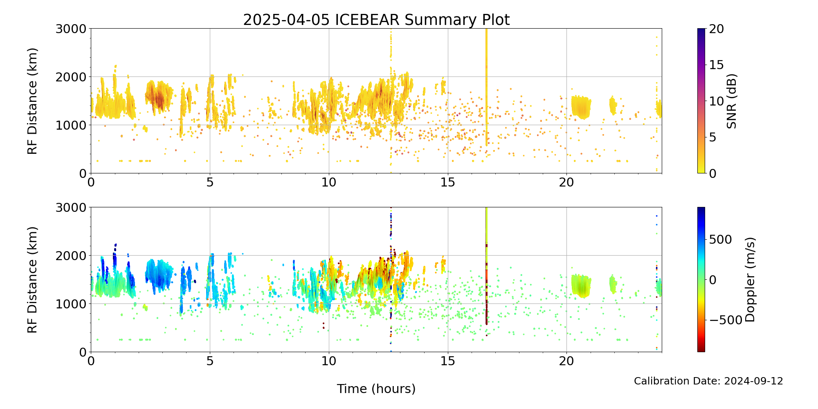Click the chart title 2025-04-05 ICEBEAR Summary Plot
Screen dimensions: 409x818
click(376, 20)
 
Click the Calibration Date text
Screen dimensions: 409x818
click(708, 381)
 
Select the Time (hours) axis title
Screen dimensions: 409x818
click(376, 389)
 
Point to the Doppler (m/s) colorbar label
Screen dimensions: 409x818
click(750, 280)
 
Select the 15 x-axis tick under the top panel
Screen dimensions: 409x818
click(448, 182)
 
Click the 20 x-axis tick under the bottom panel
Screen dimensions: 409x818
click(566, 361)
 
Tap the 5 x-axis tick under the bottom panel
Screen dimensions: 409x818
click(210, 361)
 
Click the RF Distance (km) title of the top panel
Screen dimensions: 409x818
click(32, 101)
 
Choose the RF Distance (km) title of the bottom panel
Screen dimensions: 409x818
click(32, 280)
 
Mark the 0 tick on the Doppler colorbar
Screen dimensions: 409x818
click(712, 280)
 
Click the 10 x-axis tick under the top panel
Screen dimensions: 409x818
click(329, 182)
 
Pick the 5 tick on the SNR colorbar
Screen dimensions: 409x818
click(712, 137)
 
